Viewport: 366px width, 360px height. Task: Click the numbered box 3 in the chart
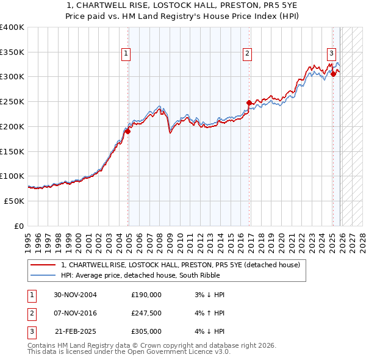331,53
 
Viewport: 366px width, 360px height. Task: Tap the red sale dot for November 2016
249,103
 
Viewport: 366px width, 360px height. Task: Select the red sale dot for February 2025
333,74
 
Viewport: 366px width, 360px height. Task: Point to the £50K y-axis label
14,201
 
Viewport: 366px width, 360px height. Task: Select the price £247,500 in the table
146,313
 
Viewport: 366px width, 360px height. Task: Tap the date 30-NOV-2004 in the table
75,295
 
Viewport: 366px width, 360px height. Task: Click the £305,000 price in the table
146,331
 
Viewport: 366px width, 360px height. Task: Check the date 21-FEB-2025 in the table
75,331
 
